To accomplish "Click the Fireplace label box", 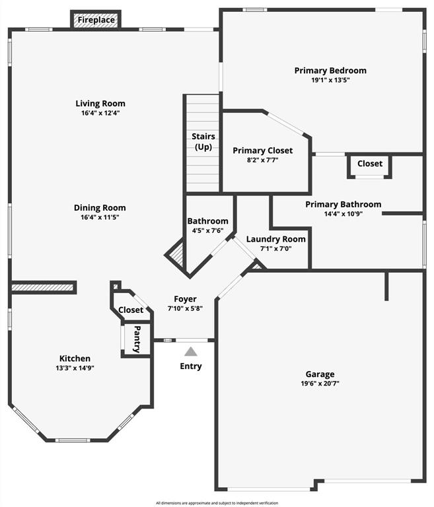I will point(96,20).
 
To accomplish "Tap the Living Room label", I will point(100,104).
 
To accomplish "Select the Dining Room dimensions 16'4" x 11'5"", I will point(100,217).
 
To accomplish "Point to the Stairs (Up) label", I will point(203,141).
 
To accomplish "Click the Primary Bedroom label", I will point(330,71).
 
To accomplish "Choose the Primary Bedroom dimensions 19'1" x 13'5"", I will point(330,81).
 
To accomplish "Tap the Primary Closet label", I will point(263,151).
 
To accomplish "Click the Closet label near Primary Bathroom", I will point(370,164).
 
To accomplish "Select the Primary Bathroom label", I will point(343,205).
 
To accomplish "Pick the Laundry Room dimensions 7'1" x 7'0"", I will point(276,249).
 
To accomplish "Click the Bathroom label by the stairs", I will point(208,221).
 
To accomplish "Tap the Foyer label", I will point(185,299).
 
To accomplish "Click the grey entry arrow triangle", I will point(190,352).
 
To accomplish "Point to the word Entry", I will point(191,366).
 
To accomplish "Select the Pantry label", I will point(137,339).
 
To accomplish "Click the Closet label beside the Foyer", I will point(131,310).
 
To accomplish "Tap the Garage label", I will point(320,374).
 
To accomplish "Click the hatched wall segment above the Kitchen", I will point(43,288).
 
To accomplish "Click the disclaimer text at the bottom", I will point(216,503).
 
